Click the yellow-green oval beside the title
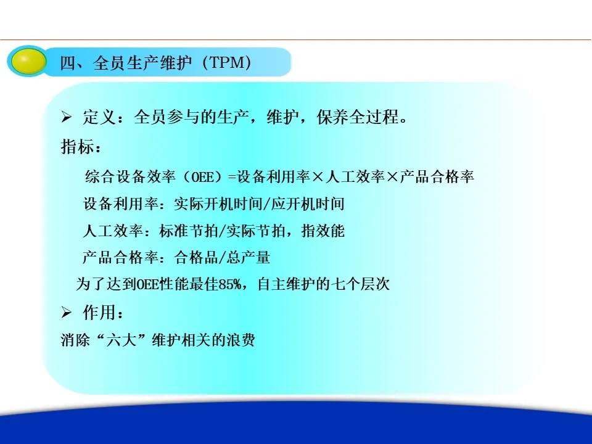click(x=29, y=61)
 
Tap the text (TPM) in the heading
click(x=227, y=62)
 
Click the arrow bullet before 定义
click(x=66, y=117)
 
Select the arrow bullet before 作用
click(x=66, y=312)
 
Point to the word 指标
click(x=76, y=147)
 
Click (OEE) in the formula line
click(x=202, y=177)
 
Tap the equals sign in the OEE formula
click(x=232, y=177)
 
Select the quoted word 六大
click(x=121, y=340)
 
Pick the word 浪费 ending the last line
click(x=240, y=340)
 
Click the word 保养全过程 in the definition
click(x=357, y=117)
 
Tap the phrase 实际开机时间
click(x=218, y=204)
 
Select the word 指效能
click(x=323, y=231)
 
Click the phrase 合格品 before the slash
click(x=196, y=258)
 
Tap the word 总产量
click(x=249, y=258)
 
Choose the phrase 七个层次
click(x=360, y=284)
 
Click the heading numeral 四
click(x=68, y=63)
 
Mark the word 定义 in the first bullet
click(x=99, y=117)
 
